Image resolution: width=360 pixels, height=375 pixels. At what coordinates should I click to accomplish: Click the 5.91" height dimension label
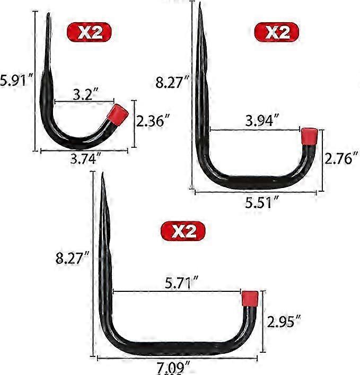point(16,81)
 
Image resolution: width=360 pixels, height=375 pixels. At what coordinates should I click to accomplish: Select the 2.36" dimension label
point(153,121)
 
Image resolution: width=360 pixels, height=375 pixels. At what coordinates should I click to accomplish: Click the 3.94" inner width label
point(262,120)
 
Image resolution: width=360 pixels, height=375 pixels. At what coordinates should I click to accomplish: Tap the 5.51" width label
point(262,202)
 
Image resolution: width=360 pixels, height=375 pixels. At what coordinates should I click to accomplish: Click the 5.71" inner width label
point(182,283)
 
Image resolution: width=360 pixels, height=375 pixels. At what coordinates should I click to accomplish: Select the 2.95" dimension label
point(284,322)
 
